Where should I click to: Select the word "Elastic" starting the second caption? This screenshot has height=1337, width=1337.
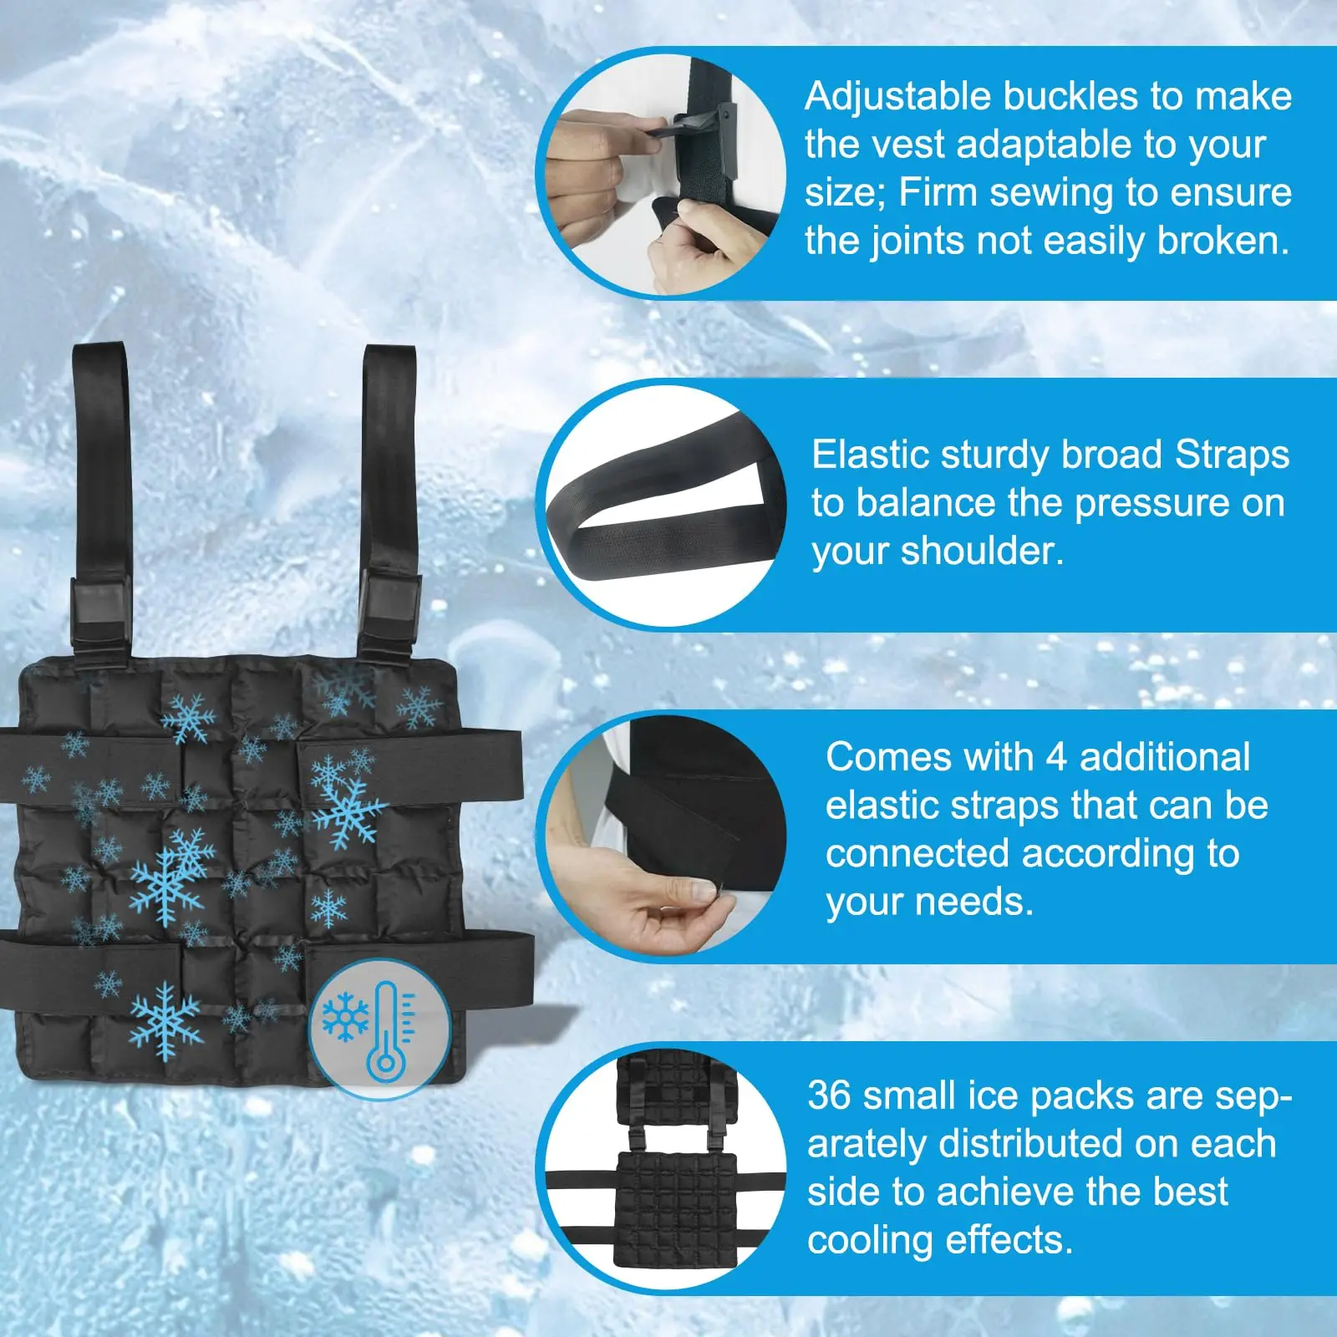pos(870,455)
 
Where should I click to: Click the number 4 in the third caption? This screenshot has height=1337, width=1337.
pos(1056,758)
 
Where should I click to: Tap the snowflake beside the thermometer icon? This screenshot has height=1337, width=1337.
pos(345,1017)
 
